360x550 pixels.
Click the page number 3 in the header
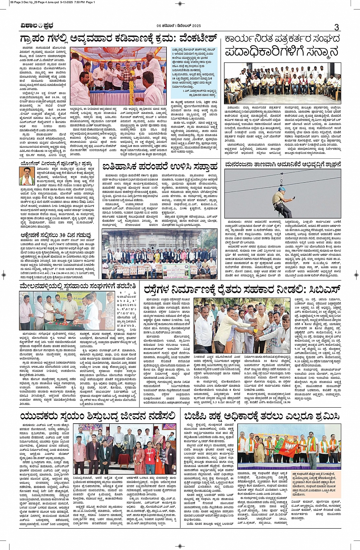pos(336,27)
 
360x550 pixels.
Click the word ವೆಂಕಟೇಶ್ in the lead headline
pos(194,39)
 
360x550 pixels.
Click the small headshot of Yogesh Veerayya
pos(27,175)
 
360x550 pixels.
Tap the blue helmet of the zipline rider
pos(282,189)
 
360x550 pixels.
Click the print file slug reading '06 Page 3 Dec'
pos(23,2)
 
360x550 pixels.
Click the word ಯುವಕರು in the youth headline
pos(39,416)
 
